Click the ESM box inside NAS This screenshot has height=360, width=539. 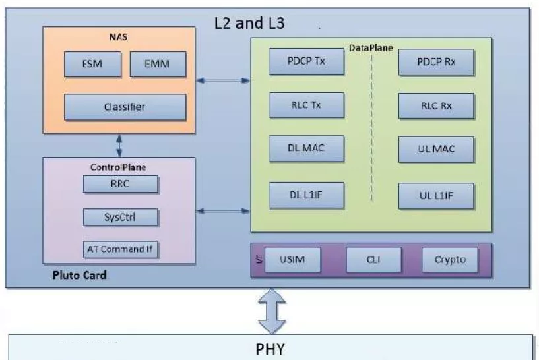[92, 64]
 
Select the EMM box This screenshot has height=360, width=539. [158, 64]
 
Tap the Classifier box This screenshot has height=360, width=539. [125, 106]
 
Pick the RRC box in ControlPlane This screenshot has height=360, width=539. [121, 184]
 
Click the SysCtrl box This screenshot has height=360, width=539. [121, 216]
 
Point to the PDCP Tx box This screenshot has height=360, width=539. [307, 63]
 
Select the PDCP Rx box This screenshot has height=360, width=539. [435, 63]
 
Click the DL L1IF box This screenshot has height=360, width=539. [307, 195]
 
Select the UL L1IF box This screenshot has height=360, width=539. [435, 195]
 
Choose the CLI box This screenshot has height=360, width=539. [373, 259]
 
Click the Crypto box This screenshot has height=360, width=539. [449, 259]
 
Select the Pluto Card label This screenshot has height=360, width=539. [79, 275]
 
